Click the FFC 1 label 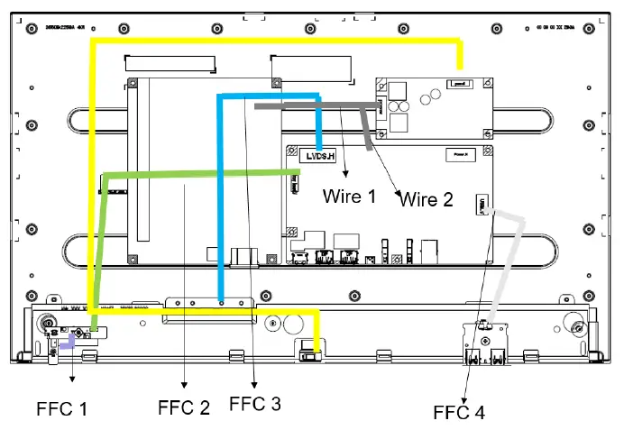pos(62,408)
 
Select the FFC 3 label pos(255,404)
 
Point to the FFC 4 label pos(458,413)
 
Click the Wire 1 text pos(349,196)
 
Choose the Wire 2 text pos(427,199)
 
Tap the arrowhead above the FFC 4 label pos(464,397)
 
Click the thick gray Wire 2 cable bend pos(364,113)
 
